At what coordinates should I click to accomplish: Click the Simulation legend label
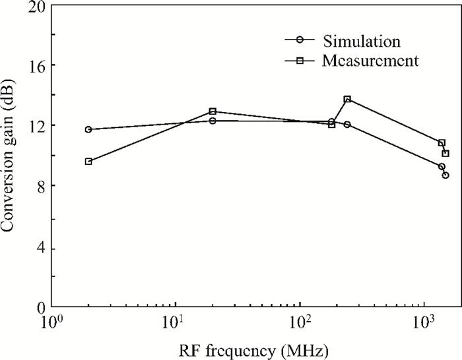pyautogui.click(x=362, y=41)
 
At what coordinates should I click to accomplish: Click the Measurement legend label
pyautogui.click(x=370, y=61)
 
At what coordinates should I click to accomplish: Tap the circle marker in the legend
pyautogui.click(x=300, y=40)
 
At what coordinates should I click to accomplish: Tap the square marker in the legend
pyautogui.click(x=300, y=61)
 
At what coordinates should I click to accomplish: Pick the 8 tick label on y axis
pyautogui.click(x=41, y=186)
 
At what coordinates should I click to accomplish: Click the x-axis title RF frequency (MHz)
pyautogui.click(x=253, y=351)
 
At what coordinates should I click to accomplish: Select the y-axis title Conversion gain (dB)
pyautogui.click(x=7, y=156)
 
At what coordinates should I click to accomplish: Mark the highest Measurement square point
pyautogui.click(x=347, y=99)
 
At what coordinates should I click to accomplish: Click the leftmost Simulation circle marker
pyautogui.click(x=88, y=129)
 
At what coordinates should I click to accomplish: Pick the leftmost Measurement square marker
pyautogui.click(x=88, y=162)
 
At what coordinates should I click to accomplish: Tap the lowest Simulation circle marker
pyautogui.click(x=445, y=175)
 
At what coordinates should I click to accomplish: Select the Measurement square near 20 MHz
pyautogui.click(x=213, y=111)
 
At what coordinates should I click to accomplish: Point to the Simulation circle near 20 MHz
pyautogui.click(x=213, y=121)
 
